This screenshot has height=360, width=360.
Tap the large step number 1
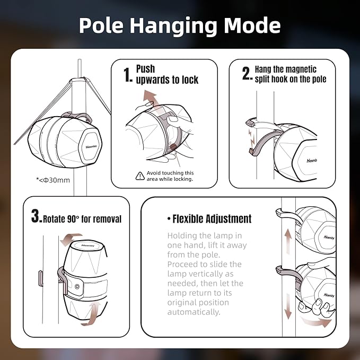pos(128,75)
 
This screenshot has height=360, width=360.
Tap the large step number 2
pos(247,74)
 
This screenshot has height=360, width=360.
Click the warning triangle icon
pos(140,176)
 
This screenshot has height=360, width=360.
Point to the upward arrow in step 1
pos(150,98)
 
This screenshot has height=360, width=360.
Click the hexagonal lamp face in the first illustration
pos(91,146)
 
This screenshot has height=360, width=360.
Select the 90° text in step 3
pos(73,219)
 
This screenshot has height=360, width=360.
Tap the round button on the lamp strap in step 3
pos(77,286)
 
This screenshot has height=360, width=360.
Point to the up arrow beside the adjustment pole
pos(288,242)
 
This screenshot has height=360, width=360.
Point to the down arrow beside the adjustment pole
pos(288,306)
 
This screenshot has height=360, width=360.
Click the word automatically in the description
pos(194,312)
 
